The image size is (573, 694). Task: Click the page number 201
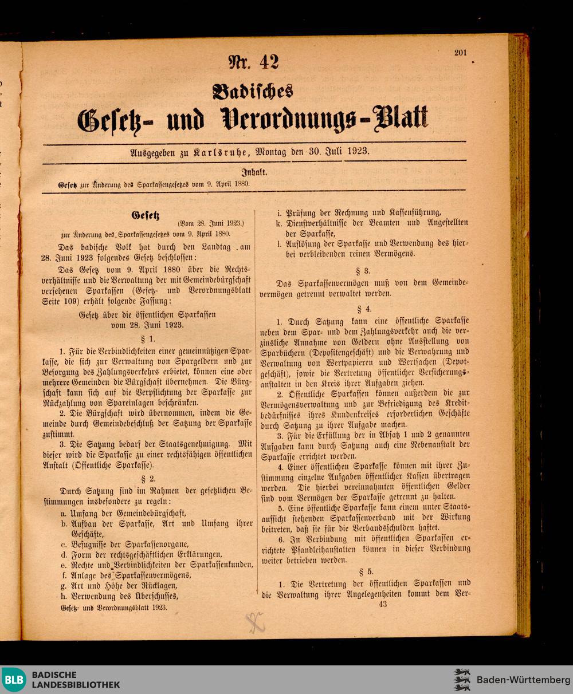[461, 53]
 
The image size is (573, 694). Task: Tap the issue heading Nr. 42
[253, 62]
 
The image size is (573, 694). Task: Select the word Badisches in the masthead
[253, 91]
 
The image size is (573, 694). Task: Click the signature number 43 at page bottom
[383, 604]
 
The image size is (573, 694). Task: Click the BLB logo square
[13, 680]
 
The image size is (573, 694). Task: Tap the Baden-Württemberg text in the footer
[523, 680]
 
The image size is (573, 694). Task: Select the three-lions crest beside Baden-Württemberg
[462, 680]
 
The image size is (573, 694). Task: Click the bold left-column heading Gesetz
[145, 216]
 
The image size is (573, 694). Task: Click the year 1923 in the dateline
[356, 152]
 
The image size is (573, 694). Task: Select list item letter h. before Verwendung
[64, 596]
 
